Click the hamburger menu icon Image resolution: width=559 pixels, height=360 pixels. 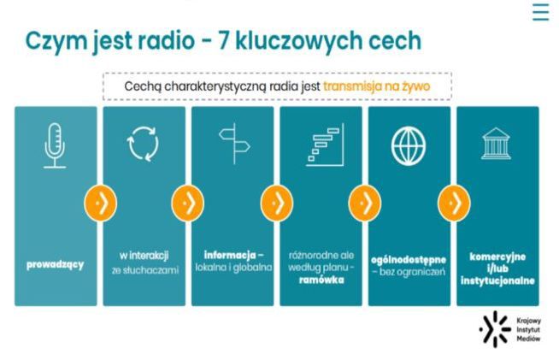pos(540,12)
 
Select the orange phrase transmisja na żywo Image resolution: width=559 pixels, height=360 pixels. pos(376,86)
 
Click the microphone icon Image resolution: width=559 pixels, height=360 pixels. pos(56,145)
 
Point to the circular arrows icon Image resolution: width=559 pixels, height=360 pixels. pos(144,145)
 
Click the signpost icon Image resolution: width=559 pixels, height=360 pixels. pos(232,145)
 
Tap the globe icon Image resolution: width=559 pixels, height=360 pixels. pos(409,145)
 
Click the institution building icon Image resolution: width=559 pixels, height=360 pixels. pos(497,145)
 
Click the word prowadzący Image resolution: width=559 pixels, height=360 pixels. pos(56,264)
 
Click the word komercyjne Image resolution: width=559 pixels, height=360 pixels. pos(497,256)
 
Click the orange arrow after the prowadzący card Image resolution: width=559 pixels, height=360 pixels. pos(99,203)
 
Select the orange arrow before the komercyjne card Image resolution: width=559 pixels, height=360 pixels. pos(454,203)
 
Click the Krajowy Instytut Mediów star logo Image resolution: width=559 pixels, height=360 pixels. pos(493,328)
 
